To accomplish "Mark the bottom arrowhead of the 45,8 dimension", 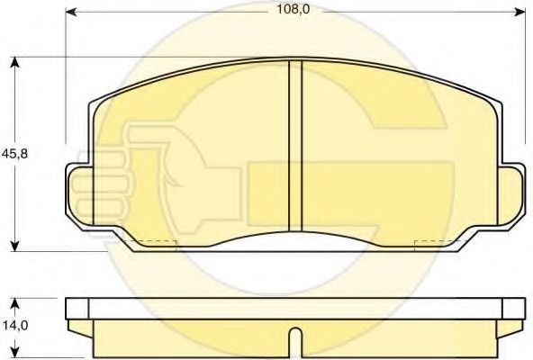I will (15, 246).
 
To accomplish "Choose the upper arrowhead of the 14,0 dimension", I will (15, 298).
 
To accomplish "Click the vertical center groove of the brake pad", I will (294, 144).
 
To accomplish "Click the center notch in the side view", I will (294, 340).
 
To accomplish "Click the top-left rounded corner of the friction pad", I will (96, 101).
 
